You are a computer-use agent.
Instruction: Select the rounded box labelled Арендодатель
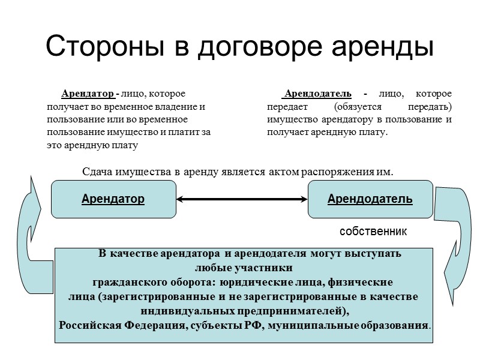[x=370, y=199]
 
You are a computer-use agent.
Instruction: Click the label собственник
[x=373, y=231]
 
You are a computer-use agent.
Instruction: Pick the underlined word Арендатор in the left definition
[x=88, y=94]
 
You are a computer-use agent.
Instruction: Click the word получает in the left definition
[x=65, y=107]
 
